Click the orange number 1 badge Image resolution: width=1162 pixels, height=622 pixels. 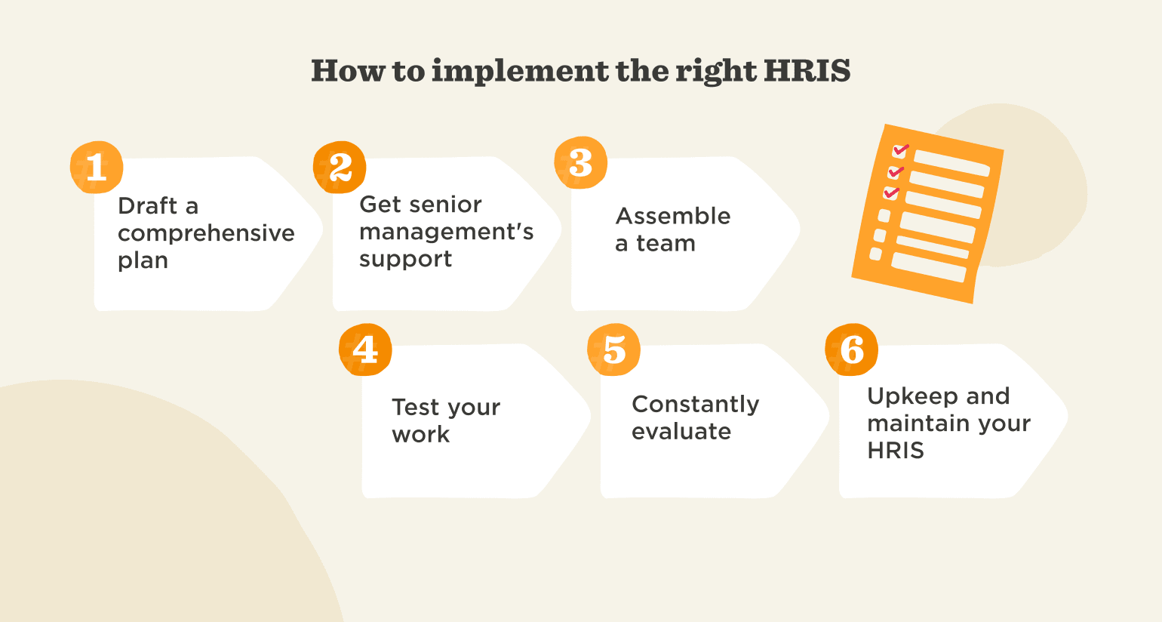click(x=96, y=167)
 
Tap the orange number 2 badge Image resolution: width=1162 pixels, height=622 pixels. click(x=340, y=167)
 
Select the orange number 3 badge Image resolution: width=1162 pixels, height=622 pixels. click(x=580, y=163)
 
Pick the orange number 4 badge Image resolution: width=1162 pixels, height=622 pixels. click(x=365, y=349)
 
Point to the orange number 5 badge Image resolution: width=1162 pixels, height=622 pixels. click(x=613, y=349)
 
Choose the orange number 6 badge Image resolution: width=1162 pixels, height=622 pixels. click(x=851, y=349)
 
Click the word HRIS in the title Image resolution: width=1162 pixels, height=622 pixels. click(x=807, y=71)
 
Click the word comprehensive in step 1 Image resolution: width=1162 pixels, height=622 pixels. click(x=206, y=233)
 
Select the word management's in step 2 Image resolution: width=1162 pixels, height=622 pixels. click(x=446, y=232)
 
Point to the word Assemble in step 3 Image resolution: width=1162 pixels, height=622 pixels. click(x=673, y=216)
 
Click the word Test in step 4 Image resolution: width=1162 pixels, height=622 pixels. click(x=416, y=407)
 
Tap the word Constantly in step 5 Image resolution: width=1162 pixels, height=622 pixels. click(x=695, y=404)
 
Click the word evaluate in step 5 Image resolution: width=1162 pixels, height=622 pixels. click(x=681, y=431)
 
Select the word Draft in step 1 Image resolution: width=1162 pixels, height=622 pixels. click(x=148, y=205)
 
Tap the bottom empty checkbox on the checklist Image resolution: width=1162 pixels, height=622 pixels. click(x=876, y=254)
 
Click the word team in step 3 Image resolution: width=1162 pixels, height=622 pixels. click(x=666, y=243)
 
